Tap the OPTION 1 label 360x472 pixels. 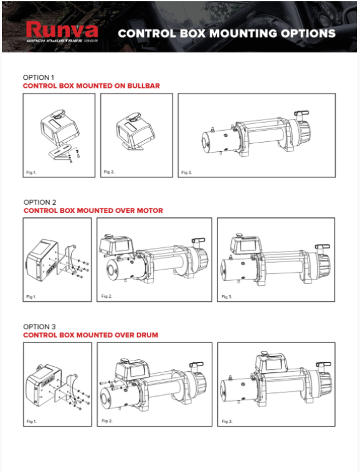[x=39, y=77]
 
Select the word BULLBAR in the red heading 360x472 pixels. [x=144, y=86]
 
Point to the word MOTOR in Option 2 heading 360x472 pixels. [x=150, y=210]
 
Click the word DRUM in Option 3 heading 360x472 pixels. [x=147, y=335]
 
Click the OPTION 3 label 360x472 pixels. [x=39, y=327]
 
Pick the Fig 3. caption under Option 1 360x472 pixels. [x=187, y=172]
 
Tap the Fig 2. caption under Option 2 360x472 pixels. [x=107, y=296]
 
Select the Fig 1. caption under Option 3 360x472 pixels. [x=32, y=422]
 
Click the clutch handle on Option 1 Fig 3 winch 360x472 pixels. [x=301, y=115]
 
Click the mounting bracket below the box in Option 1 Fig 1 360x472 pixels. [x=60, y=152]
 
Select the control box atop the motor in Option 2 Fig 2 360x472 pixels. [x=116, y=244]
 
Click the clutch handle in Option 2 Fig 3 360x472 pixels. [x=323, y=247]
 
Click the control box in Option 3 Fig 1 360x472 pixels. [x=44, y=385]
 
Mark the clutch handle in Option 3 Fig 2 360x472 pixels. [x=196, y=366]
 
